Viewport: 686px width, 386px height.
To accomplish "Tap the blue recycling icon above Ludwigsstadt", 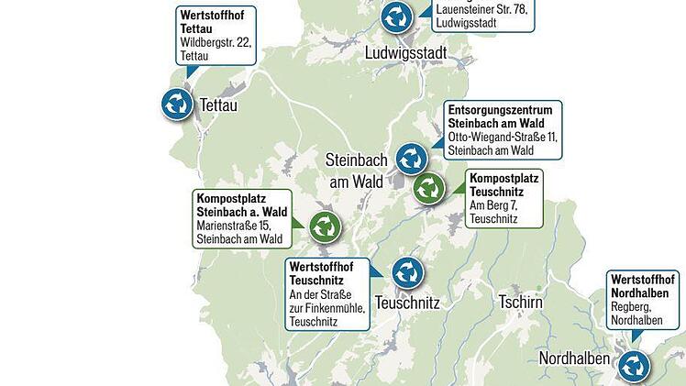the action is coord(396,17).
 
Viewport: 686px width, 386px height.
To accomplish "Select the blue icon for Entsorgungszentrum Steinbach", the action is coord(412,158).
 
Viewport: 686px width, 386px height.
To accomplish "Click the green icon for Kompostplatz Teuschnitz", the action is coord(428,190).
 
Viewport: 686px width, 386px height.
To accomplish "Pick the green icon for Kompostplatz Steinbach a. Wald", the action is coord(324,226).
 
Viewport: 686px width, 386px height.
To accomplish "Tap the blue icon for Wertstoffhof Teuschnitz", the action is coord(406,272).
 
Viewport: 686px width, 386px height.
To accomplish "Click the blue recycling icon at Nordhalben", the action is coord(634,367).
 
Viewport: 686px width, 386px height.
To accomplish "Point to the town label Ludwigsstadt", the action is coord(405,52).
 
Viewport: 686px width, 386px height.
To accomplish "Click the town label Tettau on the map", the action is coord(217,105).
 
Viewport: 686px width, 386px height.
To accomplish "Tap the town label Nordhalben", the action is coord(573,358).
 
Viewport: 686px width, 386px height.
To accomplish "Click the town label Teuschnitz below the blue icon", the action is coord(408,303).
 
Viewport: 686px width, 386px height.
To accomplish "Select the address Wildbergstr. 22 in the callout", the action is coord(216,42).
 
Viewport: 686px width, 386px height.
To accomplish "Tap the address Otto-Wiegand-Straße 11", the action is coord(503,137).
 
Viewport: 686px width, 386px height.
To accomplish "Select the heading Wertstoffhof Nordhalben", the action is coord(644,285).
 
